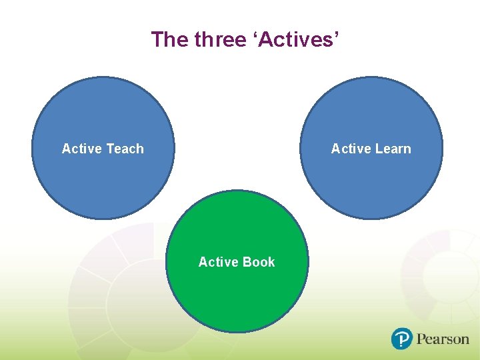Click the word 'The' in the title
[169, 40]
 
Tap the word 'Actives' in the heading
[296, 40]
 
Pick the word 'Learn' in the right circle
[393, 149]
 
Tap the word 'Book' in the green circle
[259, 262]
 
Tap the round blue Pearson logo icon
[402, 339]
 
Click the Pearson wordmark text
[443, 339]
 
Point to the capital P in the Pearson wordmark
[421, 339]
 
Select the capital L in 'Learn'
[379, 149]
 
